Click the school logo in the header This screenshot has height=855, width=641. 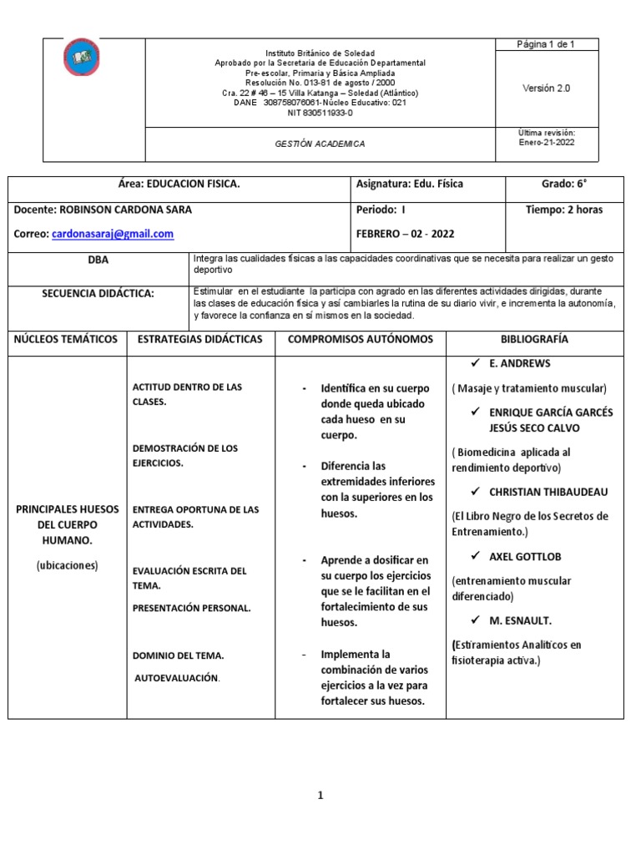click(x=81, y=57)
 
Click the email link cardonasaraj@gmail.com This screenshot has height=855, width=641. click(x=113, y=235)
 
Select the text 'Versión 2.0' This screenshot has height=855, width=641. click(x=546, y=88)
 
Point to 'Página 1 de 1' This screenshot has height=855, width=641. click(x=546, y=45)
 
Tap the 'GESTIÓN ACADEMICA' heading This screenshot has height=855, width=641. click(x=320, y=144)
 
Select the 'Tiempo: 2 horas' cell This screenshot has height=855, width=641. click(x=564, y=210)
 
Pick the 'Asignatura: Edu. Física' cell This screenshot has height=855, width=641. click(x=409, y=184)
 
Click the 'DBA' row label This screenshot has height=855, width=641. click(x=98, y=260)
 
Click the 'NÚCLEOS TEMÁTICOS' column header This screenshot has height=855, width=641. click(x=66, y=339)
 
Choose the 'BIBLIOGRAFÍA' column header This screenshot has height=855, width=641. click(x=534, y=339)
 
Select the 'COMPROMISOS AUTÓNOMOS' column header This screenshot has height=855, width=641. click(x=361, y=339)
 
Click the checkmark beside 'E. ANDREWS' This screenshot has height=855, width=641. click(x=474, y=364)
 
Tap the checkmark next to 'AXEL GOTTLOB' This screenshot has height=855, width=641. click(x=474, y=555)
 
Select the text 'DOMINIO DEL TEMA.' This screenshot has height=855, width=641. click(x=178, y=655)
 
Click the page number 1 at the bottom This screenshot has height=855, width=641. click(x=320, y=796)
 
